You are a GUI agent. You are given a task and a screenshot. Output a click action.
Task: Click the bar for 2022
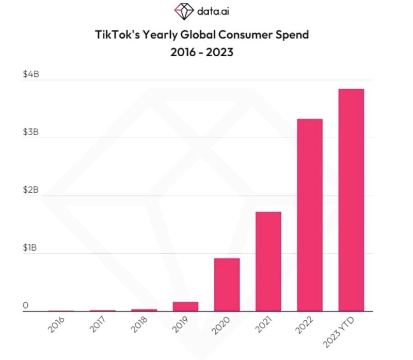tap(310, 215)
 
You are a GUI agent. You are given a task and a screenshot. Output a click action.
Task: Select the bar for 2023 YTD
tap(351, 200)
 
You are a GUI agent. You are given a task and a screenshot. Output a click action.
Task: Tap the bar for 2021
tap(268, 261)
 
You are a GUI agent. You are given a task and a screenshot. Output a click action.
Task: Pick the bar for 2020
tap(227, 285)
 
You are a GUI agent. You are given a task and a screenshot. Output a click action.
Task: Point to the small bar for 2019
tap(185, 306)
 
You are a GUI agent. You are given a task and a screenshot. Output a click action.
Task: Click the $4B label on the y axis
tap(31, 74)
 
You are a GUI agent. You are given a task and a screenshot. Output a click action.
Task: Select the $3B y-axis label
tap(31, 132)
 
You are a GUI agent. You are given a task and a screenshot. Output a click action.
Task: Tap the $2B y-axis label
tap(31, 190)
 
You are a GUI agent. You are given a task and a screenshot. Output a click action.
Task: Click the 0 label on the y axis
tap(25, 306)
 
